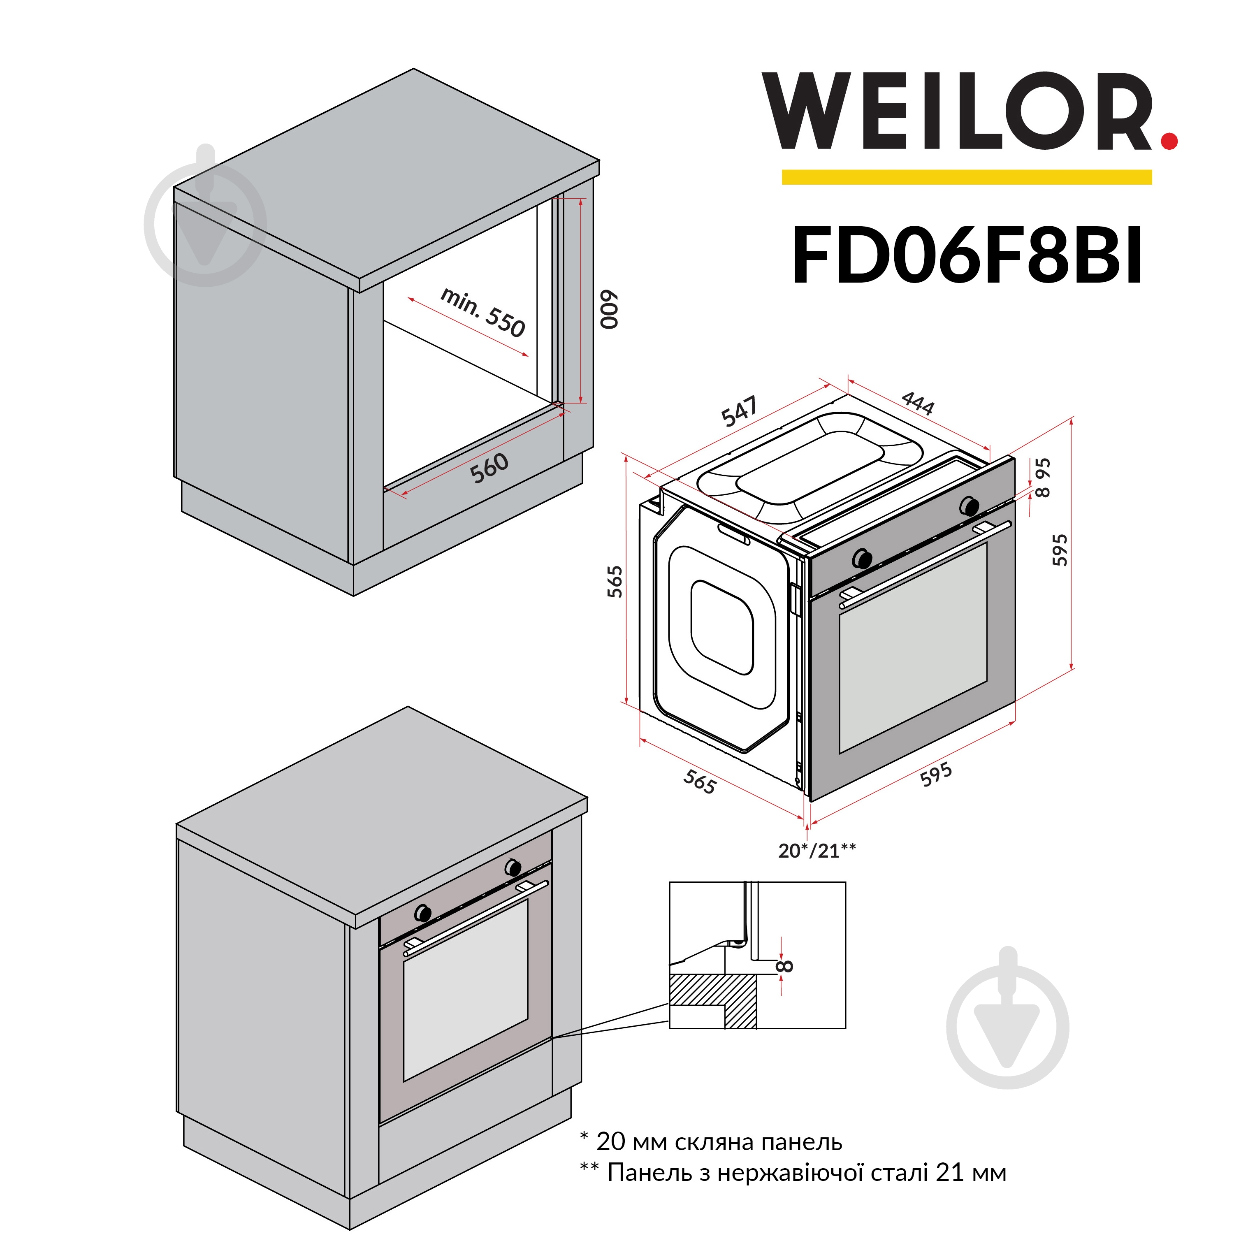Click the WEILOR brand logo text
point(958,112)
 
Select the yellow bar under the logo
point(966,177)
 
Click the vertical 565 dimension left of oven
point(615,581)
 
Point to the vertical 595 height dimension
point(1060,549)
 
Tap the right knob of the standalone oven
point(969,506)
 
